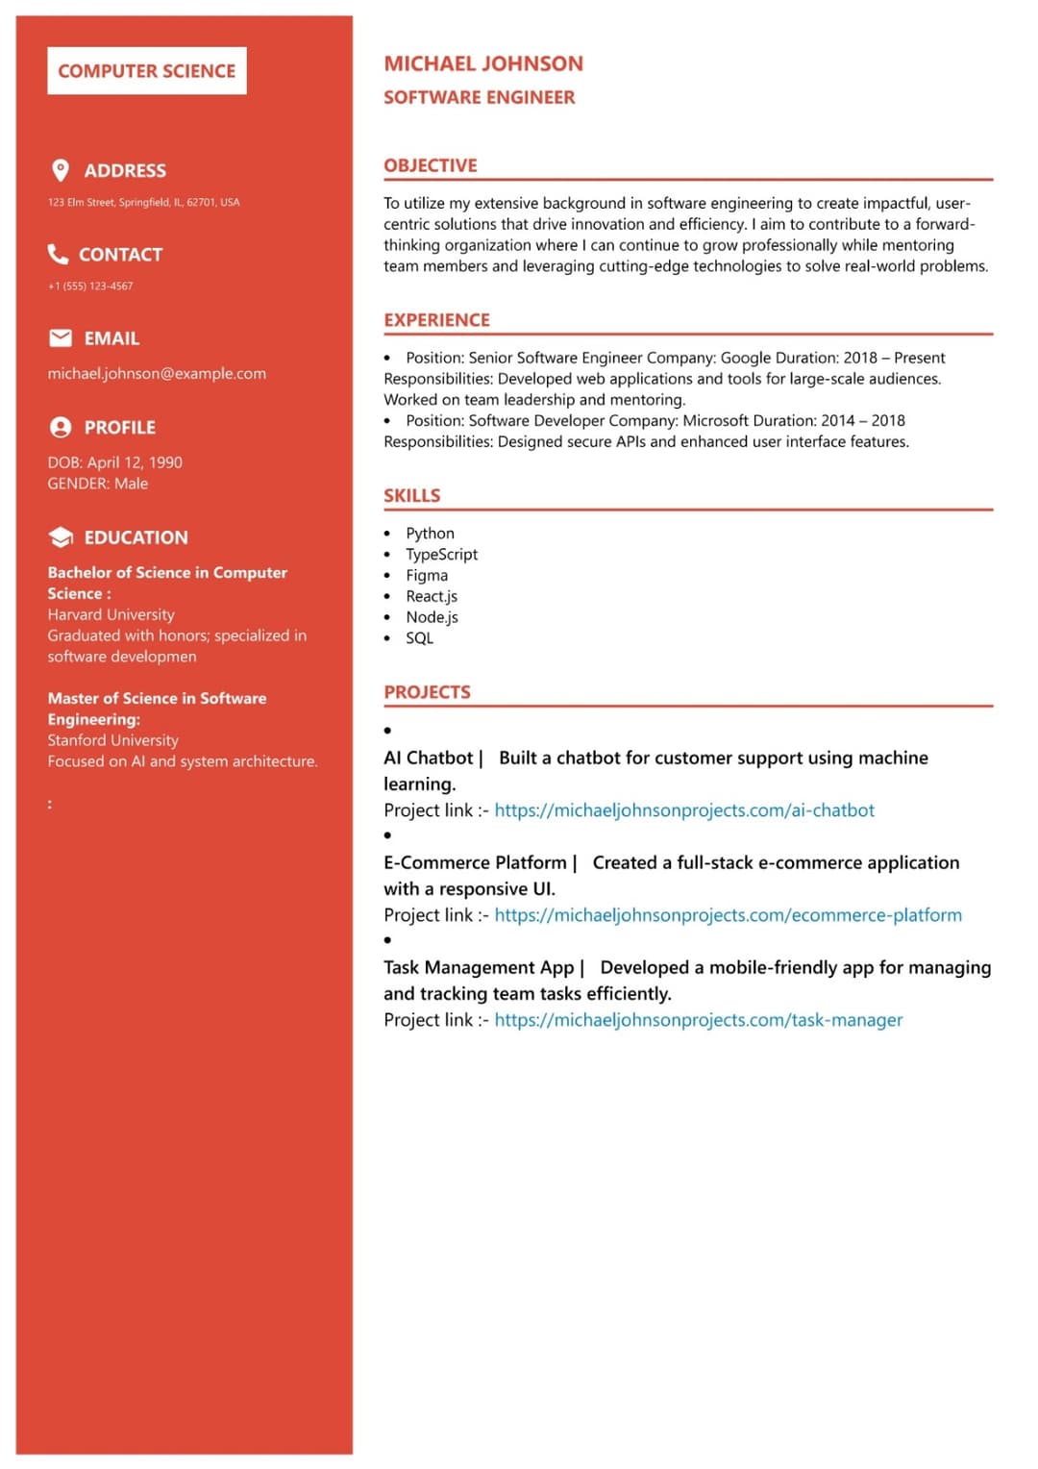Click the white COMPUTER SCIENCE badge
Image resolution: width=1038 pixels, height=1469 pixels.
[146, 71]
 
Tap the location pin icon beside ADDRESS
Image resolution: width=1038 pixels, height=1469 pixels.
[61, 170]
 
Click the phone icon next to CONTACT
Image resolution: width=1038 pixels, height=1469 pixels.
[59, 254]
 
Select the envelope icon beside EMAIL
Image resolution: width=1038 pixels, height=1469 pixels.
[61, 337]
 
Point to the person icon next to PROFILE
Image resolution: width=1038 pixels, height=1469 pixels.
[61, 427]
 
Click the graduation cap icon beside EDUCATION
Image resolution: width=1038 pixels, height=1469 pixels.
[61, 536]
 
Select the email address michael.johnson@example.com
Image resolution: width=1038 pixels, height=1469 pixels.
[157, 373]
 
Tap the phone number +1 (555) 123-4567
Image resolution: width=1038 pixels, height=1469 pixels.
[90, 286]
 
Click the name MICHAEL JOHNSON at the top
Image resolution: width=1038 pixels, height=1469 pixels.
[482, 63]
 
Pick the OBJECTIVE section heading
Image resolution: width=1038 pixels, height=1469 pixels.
[430, 165]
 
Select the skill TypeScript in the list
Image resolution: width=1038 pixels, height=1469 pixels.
[441, 554]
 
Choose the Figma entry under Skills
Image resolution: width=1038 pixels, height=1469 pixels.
[426, 575]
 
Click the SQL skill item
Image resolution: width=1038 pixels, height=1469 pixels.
[419, 637]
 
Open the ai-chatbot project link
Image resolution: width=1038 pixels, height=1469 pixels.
[683, 810]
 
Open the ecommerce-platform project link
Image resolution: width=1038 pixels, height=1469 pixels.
[728, 915]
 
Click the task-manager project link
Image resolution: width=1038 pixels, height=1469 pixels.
[698, 1020]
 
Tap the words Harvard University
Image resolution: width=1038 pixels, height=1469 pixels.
[111, 614]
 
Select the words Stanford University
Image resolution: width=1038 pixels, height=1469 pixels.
[112, 740]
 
